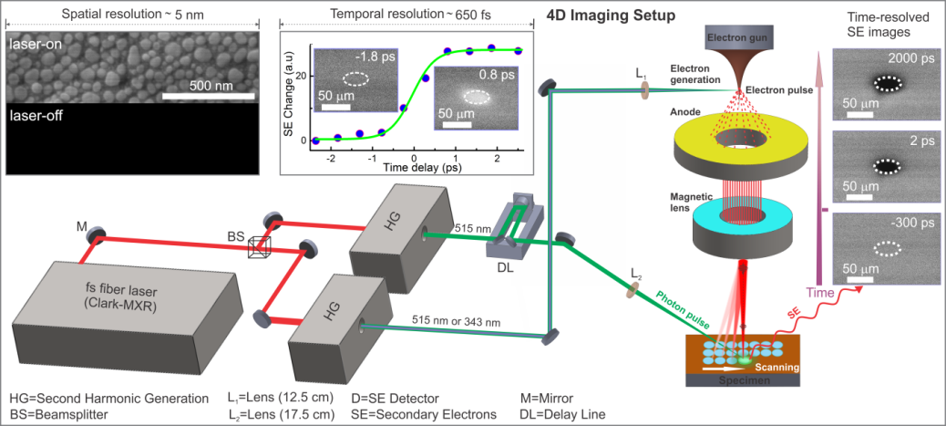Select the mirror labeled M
click(96, 236)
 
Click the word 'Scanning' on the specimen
click(783, 367)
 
